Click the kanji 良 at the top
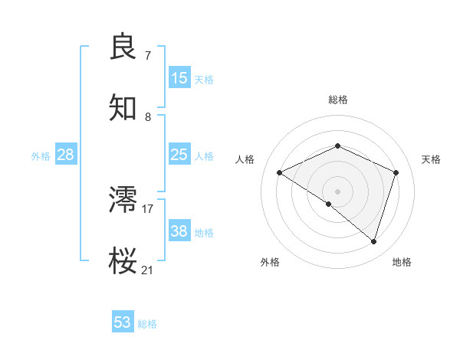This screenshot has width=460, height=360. pos(124,47)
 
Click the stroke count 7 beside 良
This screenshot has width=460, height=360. pos(147,55)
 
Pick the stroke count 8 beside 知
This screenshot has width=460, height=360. pos(147,116)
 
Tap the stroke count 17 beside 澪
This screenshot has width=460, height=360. pos(148,208)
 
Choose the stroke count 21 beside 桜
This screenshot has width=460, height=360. pos(148,270)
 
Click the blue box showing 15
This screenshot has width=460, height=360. pos(179,78)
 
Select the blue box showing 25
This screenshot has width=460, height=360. pos(179,155)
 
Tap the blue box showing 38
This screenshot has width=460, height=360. pos(179,231)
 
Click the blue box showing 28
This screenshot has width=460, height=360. pos(66,155)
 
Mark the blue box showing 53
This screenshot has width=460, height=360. pos(123,322)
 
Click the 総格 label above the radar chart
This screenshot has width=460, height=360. pos(338,100)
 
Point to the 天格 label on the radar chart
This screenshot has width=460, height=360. pos(431,159)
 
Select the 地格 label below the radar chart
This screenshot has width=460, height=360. pos(402,262)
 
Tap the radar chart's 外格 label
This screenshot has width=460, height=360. pos(270,262)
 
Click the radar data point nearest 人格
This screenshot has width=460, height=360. pos(280,173)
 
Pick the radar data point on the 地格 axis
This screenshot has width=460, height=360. pos(373,241)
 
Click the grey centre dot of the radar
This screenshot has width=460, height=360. pos(338,191)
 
